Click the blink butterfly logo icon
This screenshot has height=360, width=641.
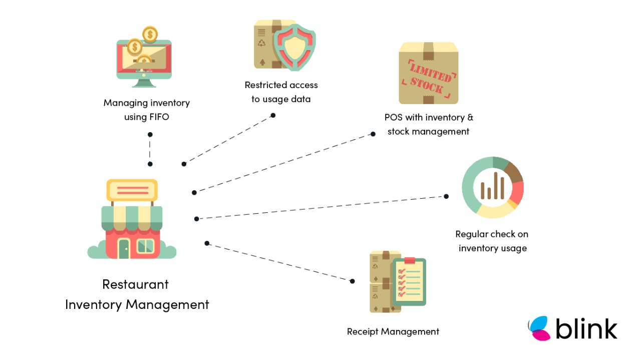click(x=540, y=328)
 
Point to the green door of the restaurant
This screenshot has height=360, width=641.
click(x=124, y=247)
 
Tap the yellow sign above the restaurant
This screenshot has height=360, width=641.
click(x=132, y=190)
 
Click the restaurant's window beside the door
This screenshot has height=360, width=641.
click(x=146, y=246)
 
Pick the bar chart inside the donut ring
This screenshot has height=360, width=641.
click(x=492, y=186)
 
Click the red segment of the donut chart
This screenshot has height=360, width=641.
click(x=517, y=192)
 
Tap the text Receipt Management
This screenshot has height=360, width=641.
click(x=393, y=331)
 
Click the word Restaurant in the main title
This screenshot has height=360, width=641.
click(x=135, y=284)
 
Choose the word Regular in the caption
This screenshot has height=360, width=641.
click(x=471, y=234)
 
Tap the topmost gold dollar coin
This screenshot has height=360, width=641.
click(x=149, y=34)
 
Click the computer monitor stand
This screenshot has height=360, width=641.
click(x=144, y=83)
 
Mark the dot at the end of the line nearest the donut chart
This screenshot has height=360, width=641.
click(x=446, y=196)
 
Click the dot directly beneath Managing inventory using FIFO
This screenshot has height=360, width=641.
click(x=150, y=134)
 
